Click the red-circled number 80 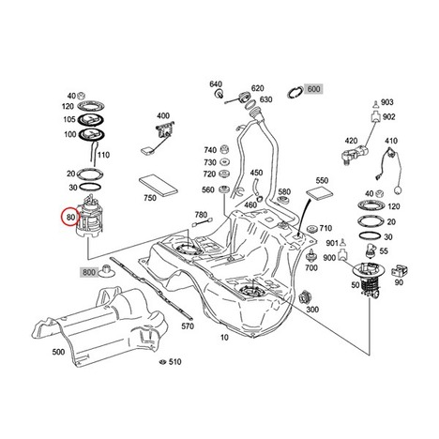(x=71, y=217)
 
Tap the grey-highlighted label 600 (x=313, y=89)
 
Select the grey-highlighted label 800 (x=89, y=272)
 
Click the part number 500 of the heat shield (x=58, y=352)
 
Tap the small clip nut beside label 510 (x=162, y=362)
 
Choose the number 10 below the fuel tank (x=224, y=338)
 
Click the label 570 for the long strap (x=188, y=326)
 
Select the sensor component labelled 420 (x=355, y=154)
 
